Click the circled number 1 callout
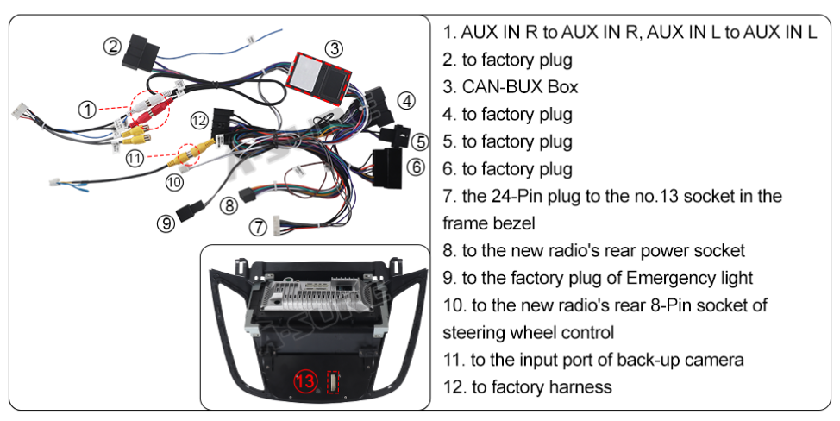click(87, 110)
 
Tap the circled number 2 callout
click(113, 46)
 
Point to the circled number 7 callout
click(258, 228)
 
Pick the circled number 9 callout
click(166, 223)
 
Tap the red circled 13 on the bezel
click(304, 380)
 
